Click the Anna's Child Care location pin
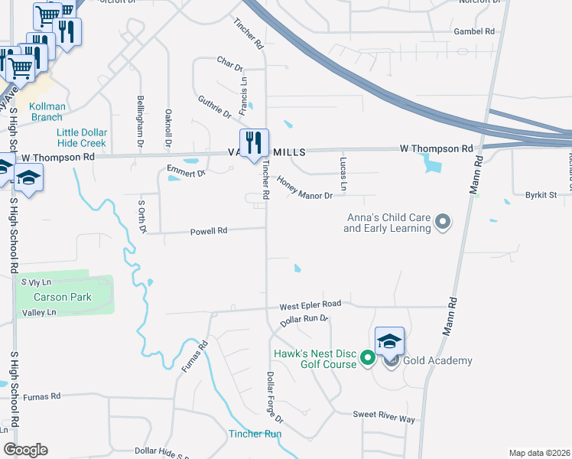(443, 223)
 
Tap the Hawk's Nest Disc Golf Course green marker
(367, 357)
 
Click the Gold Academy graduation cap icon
(389, 341)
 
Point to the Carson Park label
(62, 297)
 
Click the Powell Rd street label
(209, 230)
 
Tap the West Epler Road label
(310, 304)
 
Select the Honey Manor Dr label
(304, 188)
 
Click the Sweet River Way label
(383, 416)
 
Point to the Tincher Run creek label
(255, 434)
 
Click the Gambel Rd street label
(474, 31)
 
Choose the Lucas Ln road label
(343, 174)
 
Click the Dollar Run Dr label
(304, 320)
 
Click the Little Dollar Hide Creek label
(82, 138)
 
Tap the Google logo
(25, 449)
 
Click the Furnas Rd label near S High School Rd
(41, 397)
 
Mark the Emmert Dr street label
(187, 173)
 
